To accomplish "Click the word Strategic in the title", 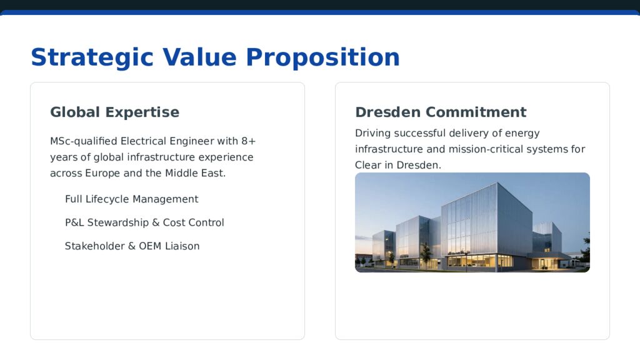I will click(92, 57).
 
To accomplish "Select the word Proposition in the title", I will click(322, 57).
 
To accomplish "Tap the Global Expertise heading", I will click(114, 112).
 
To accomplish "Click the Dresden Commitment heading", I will click(441, 112).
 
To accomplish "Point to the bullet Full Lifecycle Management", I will click(131, 199).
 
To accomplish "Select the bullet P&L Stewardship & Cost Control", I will click(144, 222).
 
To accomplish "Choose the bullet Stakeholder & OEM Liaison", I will click(132, 246).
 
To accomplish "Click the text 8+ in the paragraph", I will click(248, 141).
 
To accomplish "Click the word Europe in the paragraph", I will click(102, 173).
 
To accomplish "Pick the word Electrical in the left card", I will click(143, 141).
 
